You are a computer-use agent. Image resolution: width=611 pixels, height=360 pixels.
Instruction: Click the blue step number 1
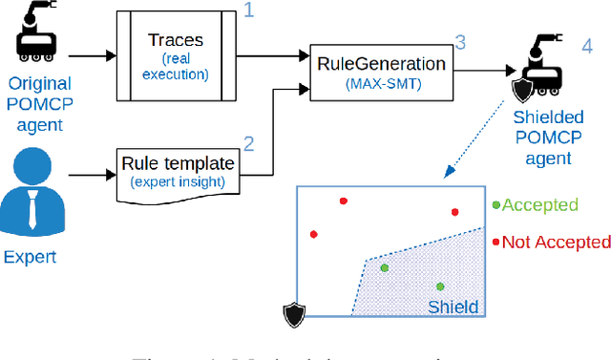(x=248, y=11)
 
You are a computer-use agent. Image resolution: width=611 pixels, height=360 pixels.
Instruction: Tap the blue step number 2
(x=248, y=144)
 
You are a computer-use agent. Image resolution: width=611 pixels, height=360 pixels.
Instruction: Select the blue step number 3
(x=460, y=42)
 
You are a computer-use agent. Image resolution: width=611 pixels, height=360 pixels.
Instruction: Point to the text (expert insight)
(x=179, y=180)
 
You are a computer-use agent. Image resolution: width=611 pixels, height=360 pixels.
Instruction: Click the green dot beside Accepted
(x=495, y=205)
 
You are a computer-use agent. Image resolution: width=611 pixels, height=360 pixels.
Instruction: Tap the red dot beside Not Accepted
(x=495, y=242)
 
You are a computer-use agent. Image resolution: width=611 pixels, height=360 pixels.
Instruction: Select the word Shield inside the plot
(x=453, y=307)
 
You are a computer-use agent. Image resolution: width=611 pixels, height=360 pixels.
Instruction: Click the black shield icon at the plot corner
(x=294, y=314)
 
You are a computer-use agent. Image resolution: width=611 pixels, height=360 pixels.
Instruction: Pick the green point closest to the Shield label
(x=440, y=286)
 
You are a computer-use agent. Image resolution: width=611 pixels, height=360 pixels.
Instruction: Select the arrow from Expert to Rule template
(x=92, y=175)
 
